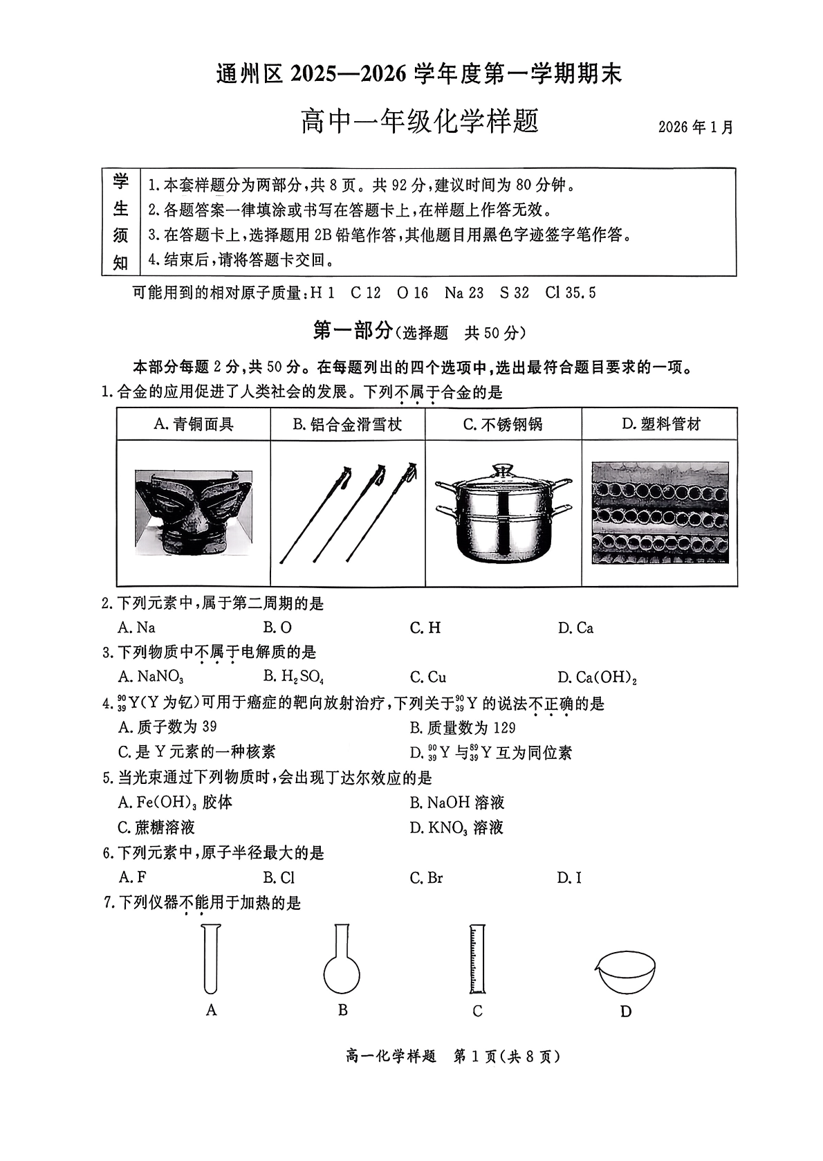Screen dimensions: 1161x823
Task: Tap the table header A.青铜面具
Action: click(x=194, y=424)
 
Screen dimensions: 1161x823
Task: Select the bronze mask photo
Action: click(x=194, y=512)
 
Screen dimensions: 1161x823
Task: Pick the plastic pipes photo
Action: click(x=659, y=513)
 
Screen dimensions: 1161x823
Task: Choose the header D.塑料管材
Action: click(x=660, y=424)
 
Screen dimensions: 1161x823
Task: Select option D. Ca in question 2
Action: click(x=575, y=628)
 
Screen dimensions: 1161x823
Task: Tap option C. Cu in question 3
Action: click(x=427, y=677)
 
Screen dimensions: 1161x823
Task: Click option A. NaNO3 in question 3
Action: click(x=151, y=677)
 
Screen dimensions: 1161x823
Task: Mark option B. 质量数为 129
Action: click(x=462, y=727)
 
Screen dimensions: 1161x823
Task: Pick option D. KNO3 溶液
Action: click(x=456, y=828)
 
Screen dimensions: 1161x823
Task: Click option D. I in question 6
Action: click(x=569, y=878)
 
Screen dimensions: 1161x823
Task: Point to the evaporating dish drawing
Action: click(x=625, y=972)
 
